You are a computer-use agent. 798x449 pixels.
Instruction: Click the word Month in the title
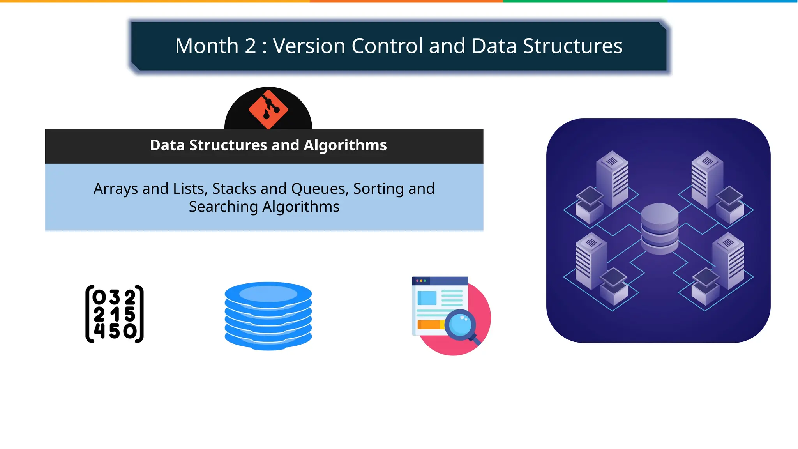pos(207,46)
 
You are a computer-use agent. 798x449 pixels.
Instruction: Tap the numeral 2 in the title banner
pos(250,46)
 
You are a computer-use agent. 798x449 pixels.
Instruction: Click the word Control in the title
pos(387,46)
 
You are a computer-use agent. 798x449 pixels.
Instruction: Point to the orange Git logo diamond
pos(268,110)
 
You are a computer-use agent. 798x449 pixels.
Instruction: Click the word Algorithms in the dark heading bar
pos(345,145)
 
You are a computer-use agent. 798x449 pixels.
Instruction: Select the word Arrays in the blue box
pos(116,189)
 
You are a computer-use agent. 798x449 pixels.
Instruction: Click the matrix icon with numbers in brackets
pos(115,314)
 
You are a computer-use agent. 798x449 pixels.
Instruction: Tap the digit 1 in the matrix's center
pos(115,314)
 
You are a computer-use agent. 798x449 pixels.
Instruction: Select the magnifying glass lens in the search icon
pos(460,324)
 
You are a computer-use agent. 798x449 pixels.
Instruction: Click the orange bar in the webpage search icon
pos(429,324)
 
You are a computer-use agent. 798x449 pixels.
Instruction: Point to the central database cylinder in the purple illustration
pos(659,229)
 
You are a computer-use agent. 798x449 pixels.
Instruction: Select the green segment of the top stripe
pos(584,1)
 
